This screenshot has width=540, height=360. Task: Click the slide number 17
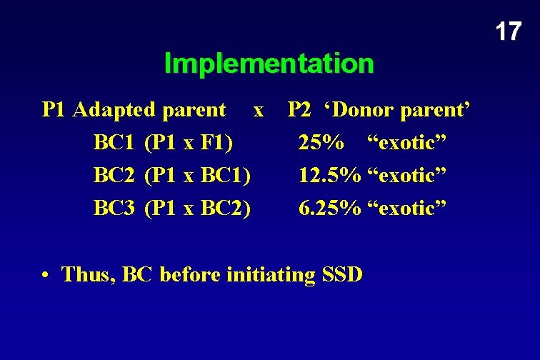coord(508,31)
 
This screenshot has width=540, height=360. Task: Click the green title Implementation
coord(269,64)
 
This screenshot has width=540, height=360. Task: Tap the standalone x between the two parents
coord(259,111)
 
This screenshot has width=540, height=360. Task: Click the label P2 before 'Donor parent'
coord(299,110)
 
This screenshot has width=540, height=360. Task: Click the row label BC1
coord(114,143)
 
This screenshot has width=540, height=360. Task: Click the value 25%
coord(320,143)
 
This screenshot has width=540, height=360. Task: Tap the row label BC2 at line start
coord(114,176)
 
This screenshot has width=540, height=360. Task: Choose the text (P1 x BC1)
coord(197,176)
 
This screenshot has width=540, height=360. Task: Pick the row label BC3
coord(114,209)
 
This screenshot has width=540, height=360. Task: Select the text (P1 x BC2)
coord(197,209)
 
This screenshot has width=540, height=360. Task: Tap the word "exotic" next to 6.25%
coord(407,209)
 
